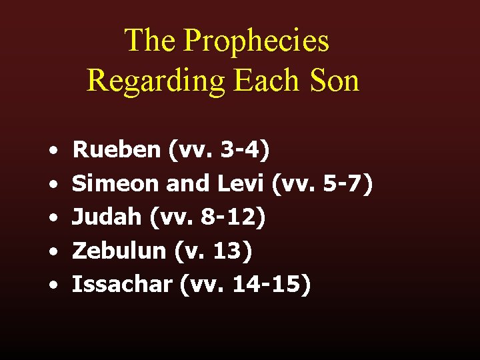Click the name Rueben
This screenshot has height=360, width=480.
(117, 150)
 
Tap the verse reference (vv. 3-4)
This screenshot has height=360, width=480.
(220, 150)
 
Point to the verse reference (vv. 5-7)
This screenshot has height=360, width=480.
(322, 183)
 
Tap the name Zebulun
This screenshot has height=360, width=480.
(119, 251)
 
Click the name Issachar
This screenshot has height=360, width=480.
(123, 285)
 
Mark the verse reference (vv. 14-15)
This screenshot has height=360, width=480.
(245, 285)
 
